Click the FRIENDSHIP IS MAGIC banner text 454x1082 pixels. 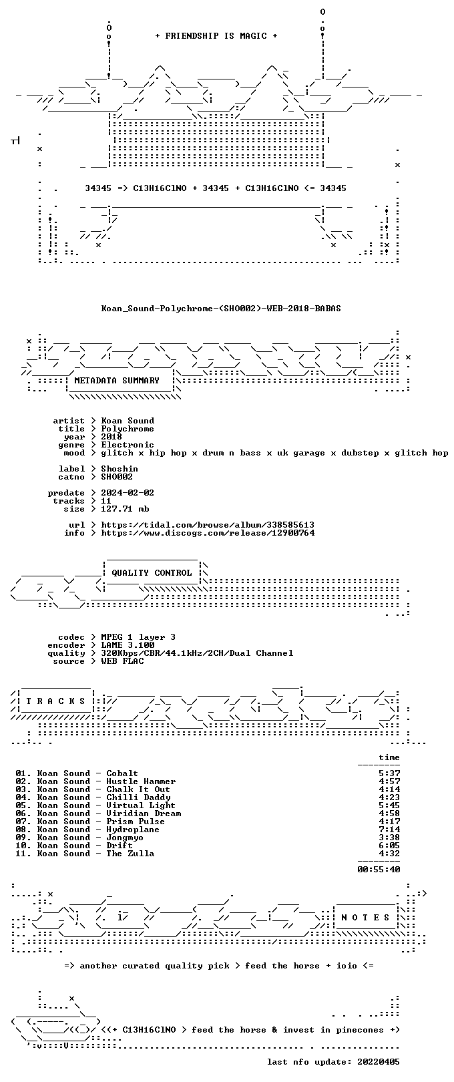(x=216, y=36)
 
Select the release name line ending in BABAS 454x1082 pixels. (x=221, y=308)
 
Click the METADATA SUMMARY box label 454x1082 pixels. (x=117, y=380)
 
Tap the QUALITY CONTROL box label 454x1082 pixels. (x=152, y=572)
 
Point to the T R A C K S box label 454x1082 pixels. (x=55, y=701)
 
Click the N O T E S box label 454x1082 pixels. (x=365, y=917)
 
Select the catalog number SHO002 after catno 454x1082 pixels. (x=117, y=477)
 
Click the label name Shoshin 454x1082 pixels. (x=120, y=469)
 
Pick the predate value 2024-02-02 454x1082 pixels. (x=128, y=493)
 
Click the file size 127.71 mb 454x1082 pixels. (x=125, y=509)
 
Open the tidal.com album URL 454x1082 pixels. (x=208, y=524)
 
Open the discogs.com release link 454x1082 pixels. (x=208, y=533)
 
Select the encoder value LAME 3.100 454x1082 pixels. (x=128, y=645)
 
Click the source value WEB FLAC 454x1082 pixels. (x=122, y=661)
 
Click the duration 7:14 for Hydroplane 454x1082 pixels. (x=389, y=830)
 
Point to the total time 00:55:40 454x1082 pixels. (x=379, y=869)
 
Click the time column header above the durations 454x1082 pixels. (x=389, y=757)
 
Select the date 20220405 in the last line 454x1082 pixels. (x=379, y=1061)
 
